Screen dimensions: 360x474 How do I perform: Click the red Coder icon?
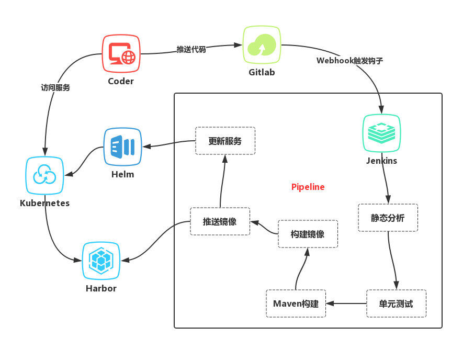tap(121, 53)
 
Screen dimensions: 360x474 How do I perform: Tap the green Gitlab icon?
tap(262, 44)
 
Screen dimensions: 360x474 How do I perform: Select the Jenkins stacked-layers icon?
tap(381, 133)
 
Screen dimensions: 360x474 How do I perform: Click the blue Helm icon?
tap(122, 147)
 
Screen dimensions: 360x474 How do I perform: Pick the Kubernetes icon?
tap(44, 176)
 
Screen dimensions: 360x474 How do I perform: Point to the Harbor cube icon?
tap(101, 260)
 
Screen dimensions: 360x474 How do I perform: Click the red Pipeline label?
tap(308, 187)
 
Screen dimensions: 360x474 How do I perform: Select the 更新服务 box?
tap(225, 141)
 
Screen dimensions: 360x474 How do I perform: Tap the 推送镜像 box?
tap(220, 221)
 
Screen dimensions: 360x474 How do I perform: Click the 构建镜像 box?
tap(308, 234)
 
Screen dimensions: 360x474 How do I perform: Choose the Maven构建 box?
tap(296, 303)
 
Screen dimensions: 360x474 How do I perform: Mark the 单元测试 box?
tap(396, 303)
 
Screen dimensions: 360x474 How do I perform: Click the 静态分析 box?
tap(388, 218)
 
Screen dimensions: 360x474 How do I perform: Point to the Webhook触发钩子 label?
tap(349, 61)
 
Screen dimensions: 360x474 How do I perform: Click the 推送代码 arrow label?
tap(191, 49)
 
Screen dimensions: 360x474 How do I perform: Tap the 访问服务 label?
tap(55, 88)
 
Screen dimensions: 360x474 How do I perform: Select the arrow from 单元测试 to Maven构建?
tap(346, 303)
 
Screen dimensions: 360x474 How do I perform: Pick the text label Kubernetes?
tap(44, 203)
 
